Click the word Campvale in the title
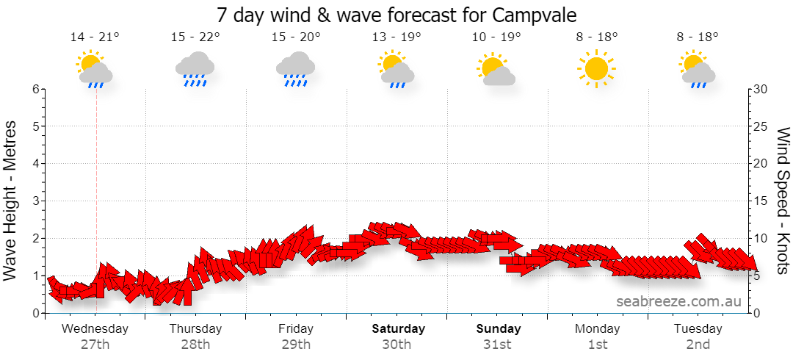(533, 15)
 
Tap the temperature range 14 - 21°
(95, 37)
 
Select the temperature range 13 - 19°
(396, 37)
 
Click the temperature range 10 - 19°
(496, 37)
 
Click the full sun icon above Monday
(597, 68)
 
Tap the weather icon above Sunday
(496, 68)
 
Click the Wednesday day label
(95, 328)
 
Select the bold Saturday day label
(399, 328)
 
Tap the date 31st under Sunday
(499, 345)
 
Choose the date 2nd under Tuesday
(698, 345)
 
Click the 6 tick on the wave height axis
(36, 89)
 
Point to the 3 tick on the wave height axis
(36, 201)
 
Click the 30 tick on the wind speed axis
(761, 89)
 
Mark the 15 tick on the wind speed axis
(761, 201)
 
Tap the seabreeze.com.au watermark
(678, 301)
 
